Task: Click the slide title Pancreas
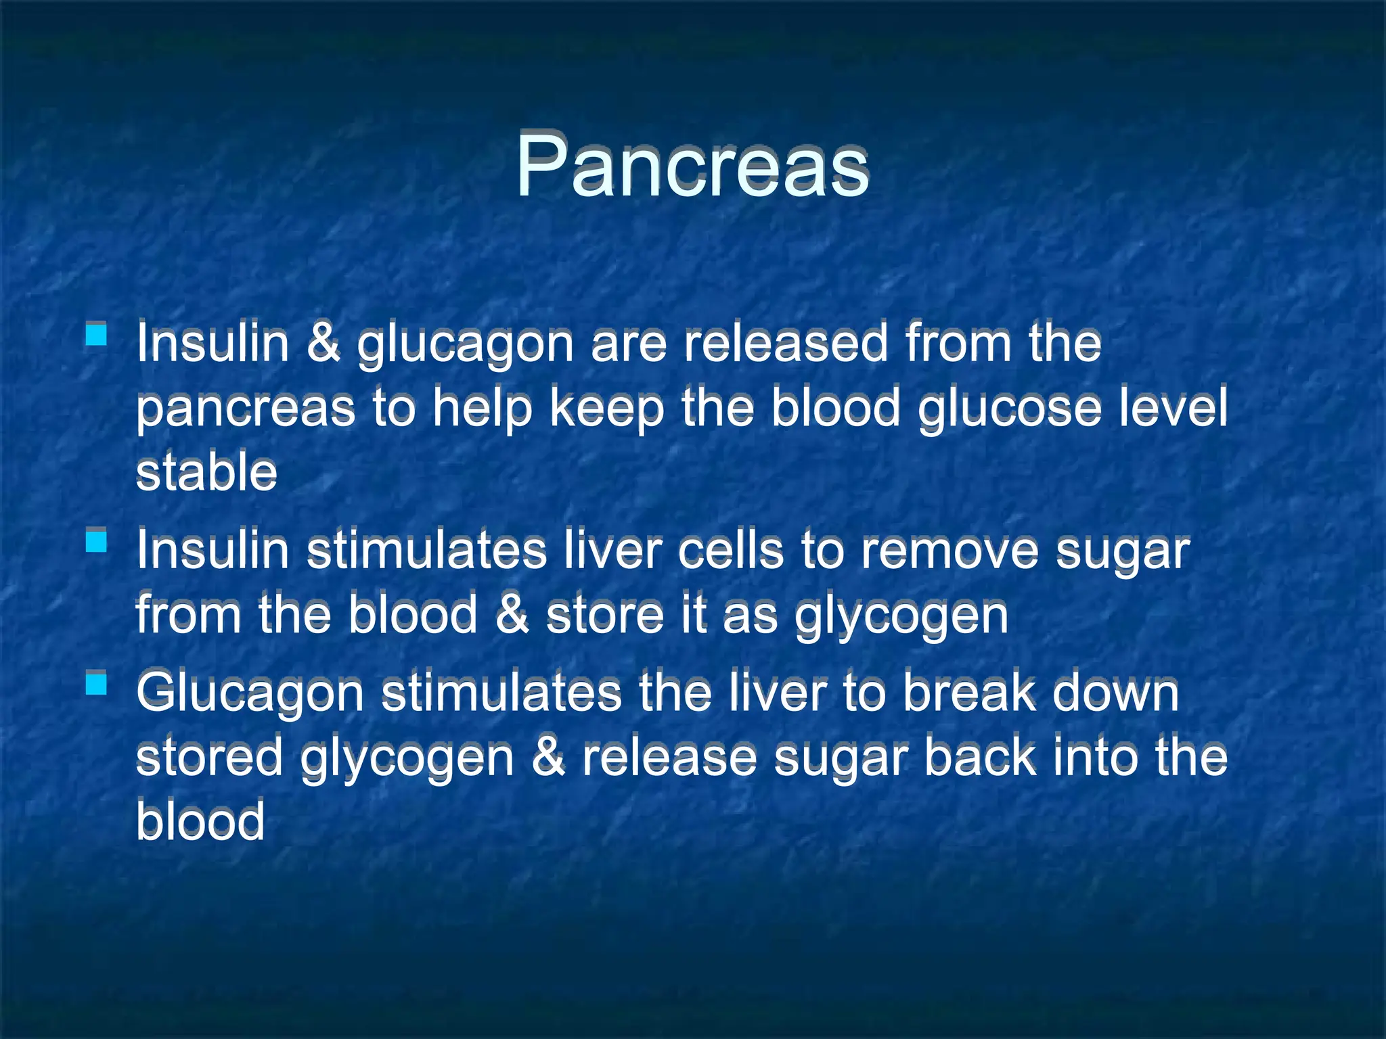(692, 166)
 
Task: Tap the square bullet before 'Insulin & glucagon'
(97, 334)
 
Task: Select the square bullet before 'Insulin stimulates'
(97, 541)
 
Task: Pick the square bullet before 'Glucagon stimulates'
(97, 683)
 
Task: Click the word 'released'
(785, 343)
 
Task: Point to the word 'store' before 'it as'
(605, 615)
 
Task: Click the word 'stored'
(209, 757)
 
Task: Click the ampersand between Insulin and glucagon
(323, 343)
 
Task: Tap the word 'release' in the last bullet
(669, 757)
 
